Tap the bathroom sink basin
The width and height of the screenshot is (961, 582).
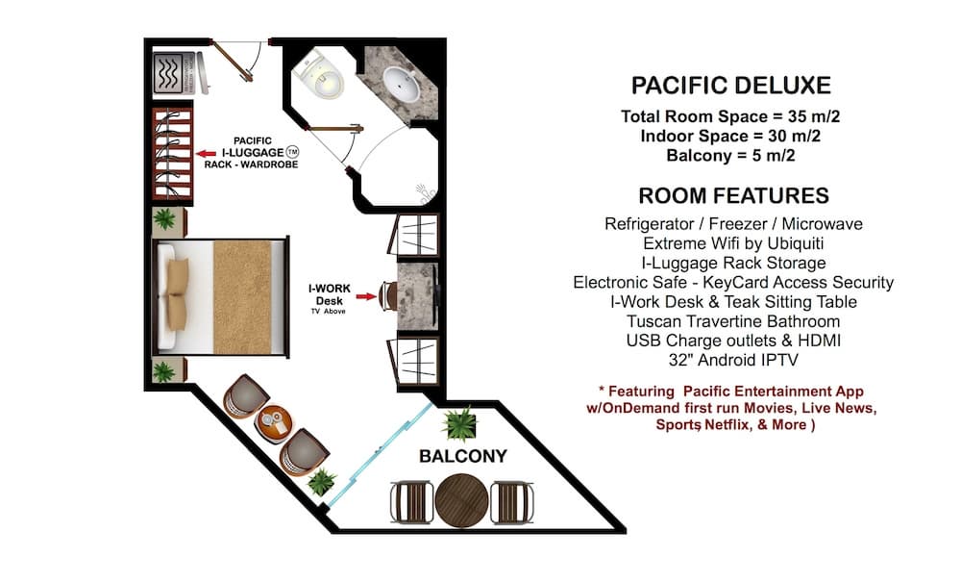402,84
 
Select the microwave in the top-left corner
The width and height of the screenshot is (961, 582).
168,73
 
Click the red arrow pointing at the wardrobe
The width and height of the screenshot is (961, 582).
206,153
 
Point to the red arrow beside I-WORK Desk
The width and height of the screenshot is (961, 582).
366,297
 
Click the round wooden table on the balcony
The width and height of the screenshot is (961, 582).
461,500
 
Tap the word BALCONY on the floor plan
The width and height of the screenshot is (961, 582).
463,456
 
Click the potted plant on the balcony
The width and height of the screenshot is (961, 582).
459,424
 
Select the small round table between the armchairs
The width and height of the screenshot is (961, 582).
273,423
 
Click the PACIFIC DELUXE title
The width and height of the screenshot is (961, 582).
730,86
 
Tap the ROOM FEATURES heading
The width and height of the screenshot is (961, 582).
733,195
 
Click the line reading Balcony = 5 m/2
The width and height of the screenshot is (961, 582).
730,155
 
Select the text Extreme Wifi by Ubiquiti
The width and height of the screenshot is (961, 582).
733,243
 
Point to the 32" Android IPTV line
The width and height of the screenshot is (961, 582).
733,360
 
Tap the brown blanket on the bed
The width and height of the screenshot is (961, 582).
242,297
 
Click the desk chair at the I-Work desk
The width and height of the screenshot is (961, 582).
387,296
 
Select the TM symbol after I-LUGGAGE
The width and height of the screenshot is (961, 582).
292,152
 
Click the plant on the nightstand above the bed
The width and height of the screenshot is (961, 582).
164,219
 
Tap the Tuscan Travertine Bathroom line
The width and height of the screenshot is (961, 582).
733,321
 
